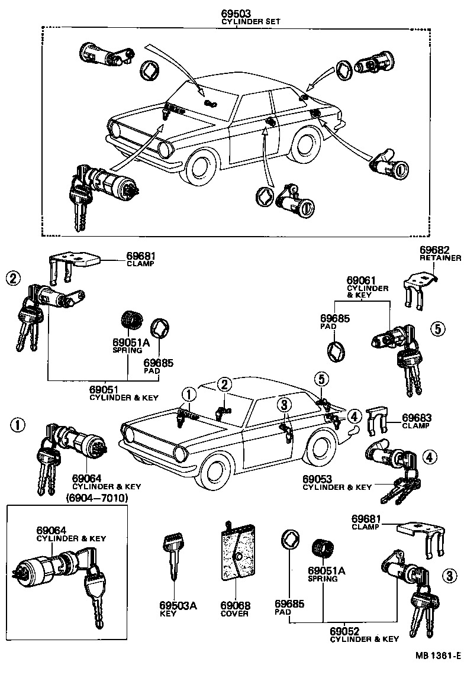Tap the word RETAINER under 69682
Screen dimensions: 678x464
[440, 259]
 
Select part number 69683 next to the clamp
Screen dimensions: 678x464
[416, 417]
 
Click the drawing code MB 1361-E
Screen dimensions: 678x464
[437, 656]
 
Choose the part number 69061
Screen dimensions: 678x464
[360, 279]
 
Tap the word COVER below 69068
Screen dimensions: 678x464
[235, 614]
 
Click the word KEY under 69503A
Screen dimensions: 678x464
[173, 614]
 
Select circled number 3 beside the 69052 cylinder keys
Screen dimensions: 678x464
[450, 574]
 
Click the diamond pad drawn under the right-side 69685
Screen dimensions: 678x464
[335, 350]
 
